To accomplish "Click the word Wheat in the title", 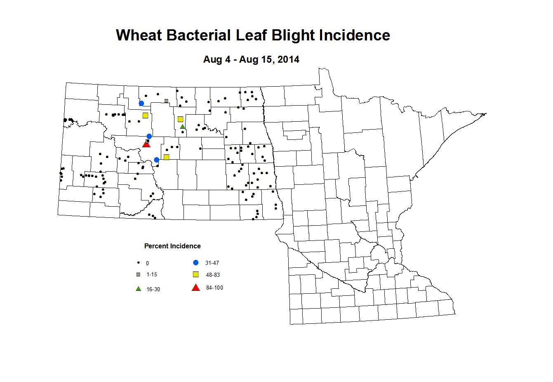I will tap(139, 35).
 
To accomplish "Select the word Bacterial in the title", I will tap(199, 35).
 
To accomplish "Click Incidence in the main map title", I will tap(355, 35).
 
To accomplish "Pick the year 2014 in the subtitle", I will tap(288, 59).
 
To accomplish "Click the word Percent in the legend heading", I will tap(156, 246).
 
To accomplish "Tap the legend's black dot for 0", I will tap(138, 262).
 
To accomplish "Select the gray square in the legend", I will tap(138, 274).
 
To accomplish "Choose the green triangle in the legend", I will tap(138, 289).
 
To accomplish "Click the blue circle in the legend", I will tap(196, 262).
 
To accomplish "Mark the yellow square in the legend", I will tap(196, 274).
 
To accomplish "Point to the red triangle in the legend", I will tap(196, 288).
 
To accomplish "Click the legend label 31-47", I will tap(212, 263).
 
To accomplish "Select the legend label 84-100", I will tap(214, 288).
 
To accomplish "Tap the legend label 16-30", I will tap(153, 289).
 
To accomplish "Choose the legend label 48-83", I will tap(213, 275).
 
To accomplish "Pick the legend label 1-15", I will tap(152, 274).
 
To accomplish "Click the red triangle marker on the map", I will tap(146, 144).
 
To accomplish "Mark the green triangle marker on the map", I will tap(183, 126).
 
